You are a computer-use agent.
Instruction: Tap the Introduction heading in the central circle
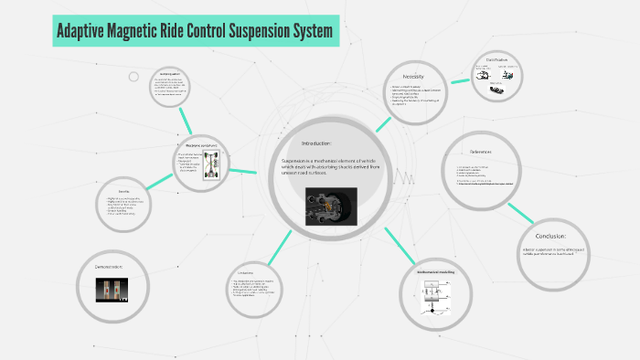(x=324, y=143)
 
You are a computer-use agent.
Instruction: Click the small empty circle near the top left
(x=133, y=77)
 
